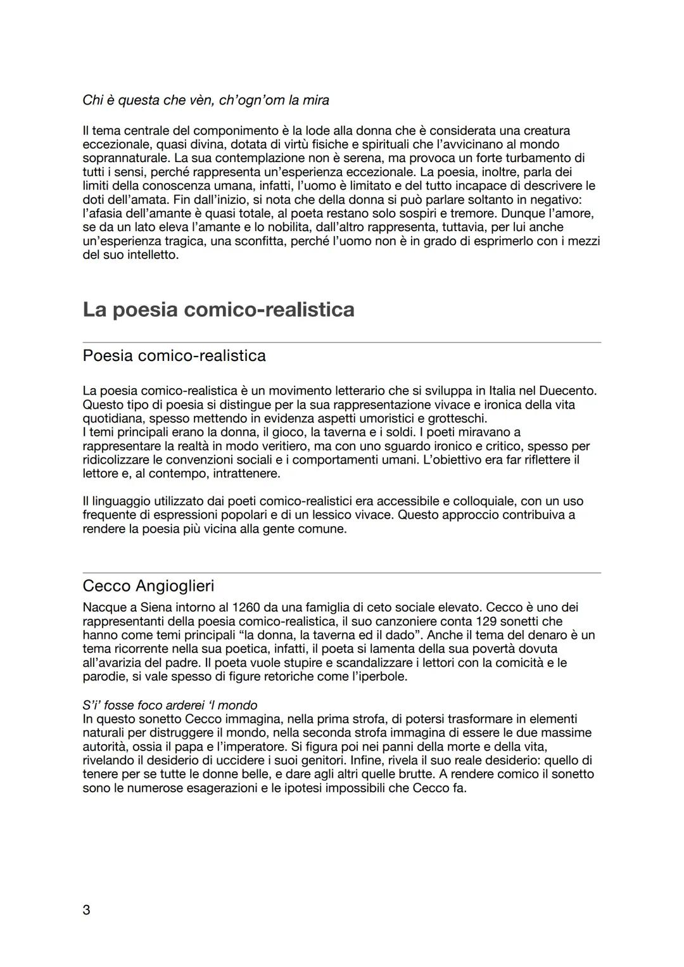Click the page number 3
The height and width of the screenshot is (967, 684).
click(x=87, y=910)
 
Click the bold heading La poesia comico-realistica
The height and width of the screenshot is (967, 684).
click(x=218, y=310)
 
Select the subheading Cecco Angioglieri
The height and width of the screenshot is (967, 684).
click(x=148, y=585)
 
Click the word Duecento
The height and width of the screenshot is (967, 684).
click(x=565, y=391)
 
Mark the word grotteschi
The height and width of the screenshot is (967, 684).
click(x=457, y=419)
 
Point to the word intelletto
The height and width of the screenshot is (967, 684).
click(x=151, y=255)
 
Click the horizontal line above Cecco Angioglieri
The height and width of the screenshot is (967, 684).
click(x=342, y=573)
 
